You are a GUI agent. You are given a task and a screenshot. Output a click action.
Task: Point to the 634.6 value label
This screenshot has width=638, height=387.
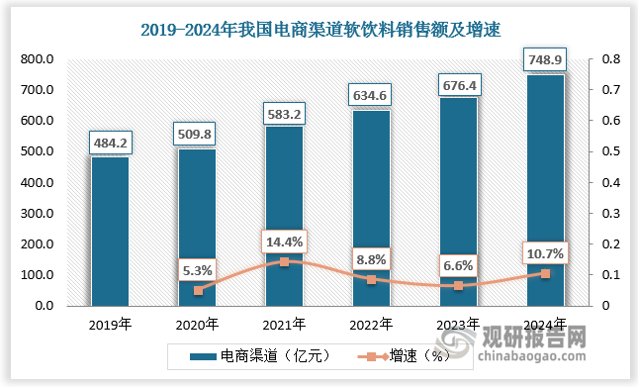[371, 96]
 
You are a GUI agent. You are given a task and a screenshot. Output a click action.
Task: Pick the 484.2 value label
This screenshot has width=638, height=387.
[110, 144]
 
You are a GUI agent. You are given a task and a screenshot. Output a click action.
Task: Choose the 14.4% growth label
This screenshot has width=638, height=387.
[284, 241]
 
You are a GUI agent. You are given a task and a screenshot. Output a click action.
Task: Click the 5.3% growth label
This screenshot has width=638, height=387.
[197, 268]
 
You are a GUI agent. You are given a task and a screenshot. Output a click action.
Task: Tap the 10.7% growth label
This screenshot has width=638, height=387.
[545, 252]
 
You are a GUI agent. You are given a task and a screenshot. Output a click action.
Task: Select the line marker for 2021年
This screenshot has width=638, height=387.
[284, 262]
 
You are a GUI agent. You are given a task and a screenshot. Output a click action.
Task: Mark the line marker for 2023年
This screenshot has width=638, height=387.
[458, 286]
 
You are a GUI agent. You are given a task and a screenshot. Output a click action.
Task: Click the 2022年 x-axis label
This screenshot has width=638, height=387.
[371, 324]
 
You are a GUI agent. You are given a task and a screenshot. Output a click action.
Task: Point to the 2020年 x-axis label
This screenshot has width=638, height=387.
[197, 324]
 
